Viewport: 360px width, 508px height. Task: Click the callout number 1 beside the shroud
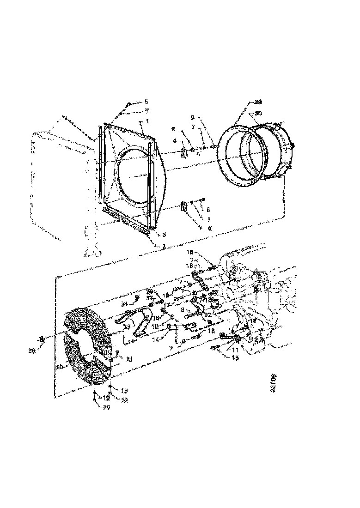pos(147,121)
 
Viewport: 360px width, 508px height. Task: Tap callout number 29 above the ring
pos(258,103)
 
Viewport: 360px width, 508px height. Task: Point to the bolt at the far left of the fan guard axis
pos(43,339)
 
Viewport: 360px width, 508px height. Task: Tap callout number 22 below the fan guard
pos(124,400)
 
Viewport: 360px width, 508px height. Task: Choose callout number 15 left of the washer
pos(156,318)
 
